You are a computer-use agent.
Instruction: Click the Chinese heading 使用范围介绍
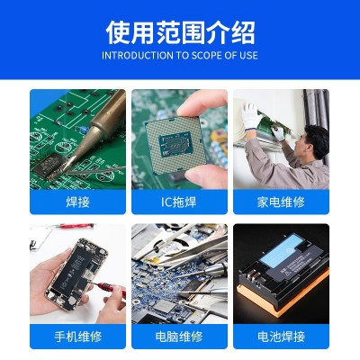point(180,32)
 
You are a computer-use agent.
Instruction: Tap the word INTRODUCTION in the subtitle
point(138,56)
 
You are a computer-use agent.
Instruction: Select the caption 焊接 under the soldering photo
point(77,202)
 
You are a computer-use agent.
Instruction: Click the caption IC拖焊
point(179,202)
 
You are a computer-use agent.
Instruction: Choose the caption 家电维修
point(281,202)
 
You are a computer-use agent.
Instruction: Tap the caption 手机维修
point(77,337)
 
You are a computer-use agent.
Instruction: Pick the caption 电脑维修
point(179,337)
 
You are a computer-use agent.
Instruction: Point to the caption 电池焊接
point(281,337)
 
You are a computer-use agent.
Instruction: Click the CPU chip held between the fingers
point(176,144)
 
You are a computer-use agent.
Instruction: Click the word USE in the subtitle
point(249,56)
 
